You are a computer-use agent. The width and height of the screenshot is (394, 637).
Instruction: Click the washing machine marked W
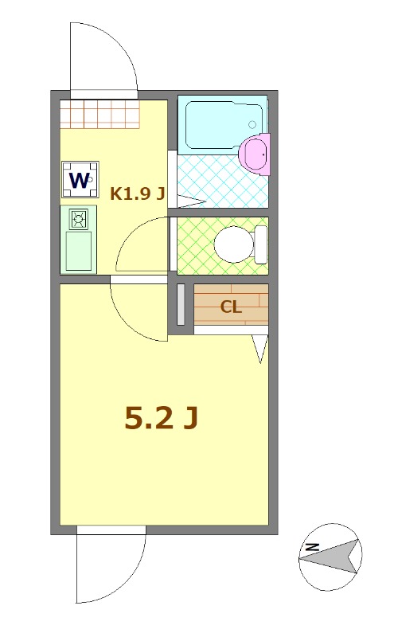[x=80, y=179]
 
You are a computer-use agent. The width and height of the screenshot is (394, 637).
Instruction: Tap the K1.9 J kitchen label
[x=137, y=193]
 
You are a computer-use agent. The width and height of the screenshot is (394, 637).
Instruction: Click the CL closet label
[x=231, y=307]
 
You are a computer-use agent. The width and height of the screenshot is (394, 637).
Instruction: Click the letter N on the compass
[x=313, y=547]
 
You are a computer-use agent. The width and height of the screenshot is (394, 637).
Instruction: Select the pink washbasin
[x=255, y=152]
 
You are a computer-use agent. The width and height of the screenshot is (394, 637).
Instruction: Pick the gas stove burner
[x=79, y=217]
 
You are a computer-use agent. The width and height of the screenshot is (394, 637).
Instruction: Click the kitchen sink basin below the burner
[x=78, y=250]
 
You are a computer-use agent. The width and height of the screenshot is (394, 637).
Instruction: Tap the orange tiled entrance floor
[x=99, y=114]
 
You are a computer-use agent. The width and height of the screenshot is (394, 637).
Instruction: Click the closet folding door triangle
[x=259, y=349]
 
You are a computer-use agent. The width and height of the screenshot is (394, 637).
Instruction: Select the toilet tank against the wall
[x=260, y=244]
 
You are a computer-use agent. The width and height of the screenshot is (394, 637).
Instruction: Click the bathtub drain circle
[x=252, y=125]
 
